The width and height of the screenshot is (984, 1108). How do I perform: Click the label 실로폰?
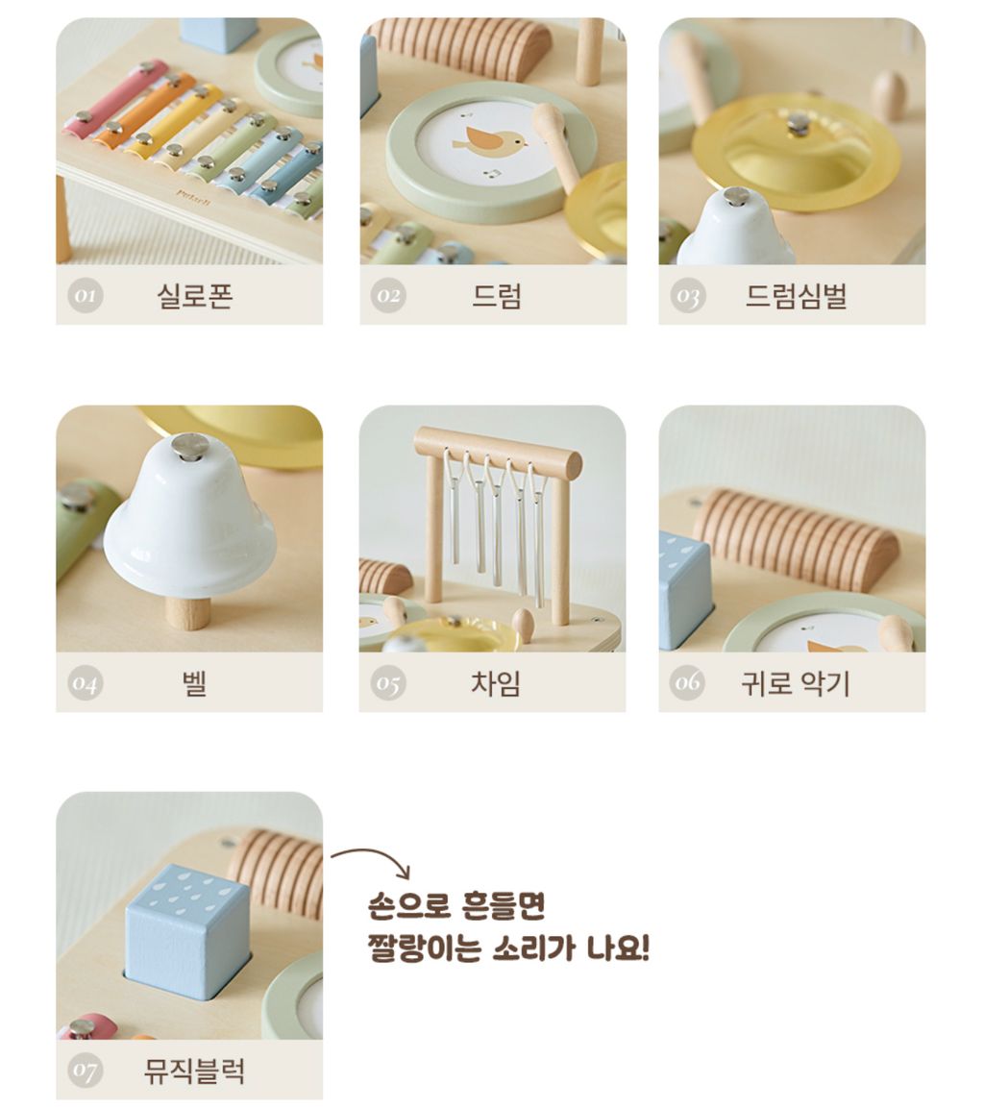tap(194, 295)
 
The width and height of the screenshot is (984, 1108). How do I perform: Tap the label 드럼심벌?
tap(796, 295)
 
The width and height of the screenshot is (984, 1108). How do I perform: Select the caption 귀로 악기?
tap(796, 682)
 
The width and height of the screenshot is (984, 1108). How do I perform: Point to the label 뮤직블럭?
tap(194, 1071)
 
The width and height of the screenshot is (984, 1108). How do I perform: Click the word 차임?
tap(496, 682)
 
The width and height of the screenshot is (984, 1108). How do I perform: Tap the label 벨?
tap(194, 682)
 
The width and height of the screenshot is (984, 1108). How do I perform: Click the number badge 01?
tap(86, 295)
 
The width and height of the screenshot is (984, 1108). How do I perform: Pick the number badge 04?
tap(86, 682)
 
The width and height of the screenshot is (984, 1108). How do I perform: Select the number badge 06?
tap(687, 682)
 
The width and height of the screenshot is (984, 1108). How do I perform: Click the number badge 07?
tap(86, 1071)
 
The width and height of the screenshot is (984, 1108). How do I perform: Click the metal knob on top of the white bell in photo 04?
tap(190, 446)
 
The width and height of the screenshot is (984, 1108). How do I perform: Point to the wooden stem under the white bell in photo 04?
tap(188, 611)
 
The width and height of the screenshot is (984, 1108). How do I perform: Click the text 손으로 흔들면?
tap(457, 905)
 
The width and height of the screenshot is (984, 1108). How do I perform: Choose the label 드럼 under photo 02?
tap(497, 295)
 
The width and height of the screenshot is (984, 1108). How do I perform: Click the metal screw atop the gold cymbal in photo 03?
tap(798, 125)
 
